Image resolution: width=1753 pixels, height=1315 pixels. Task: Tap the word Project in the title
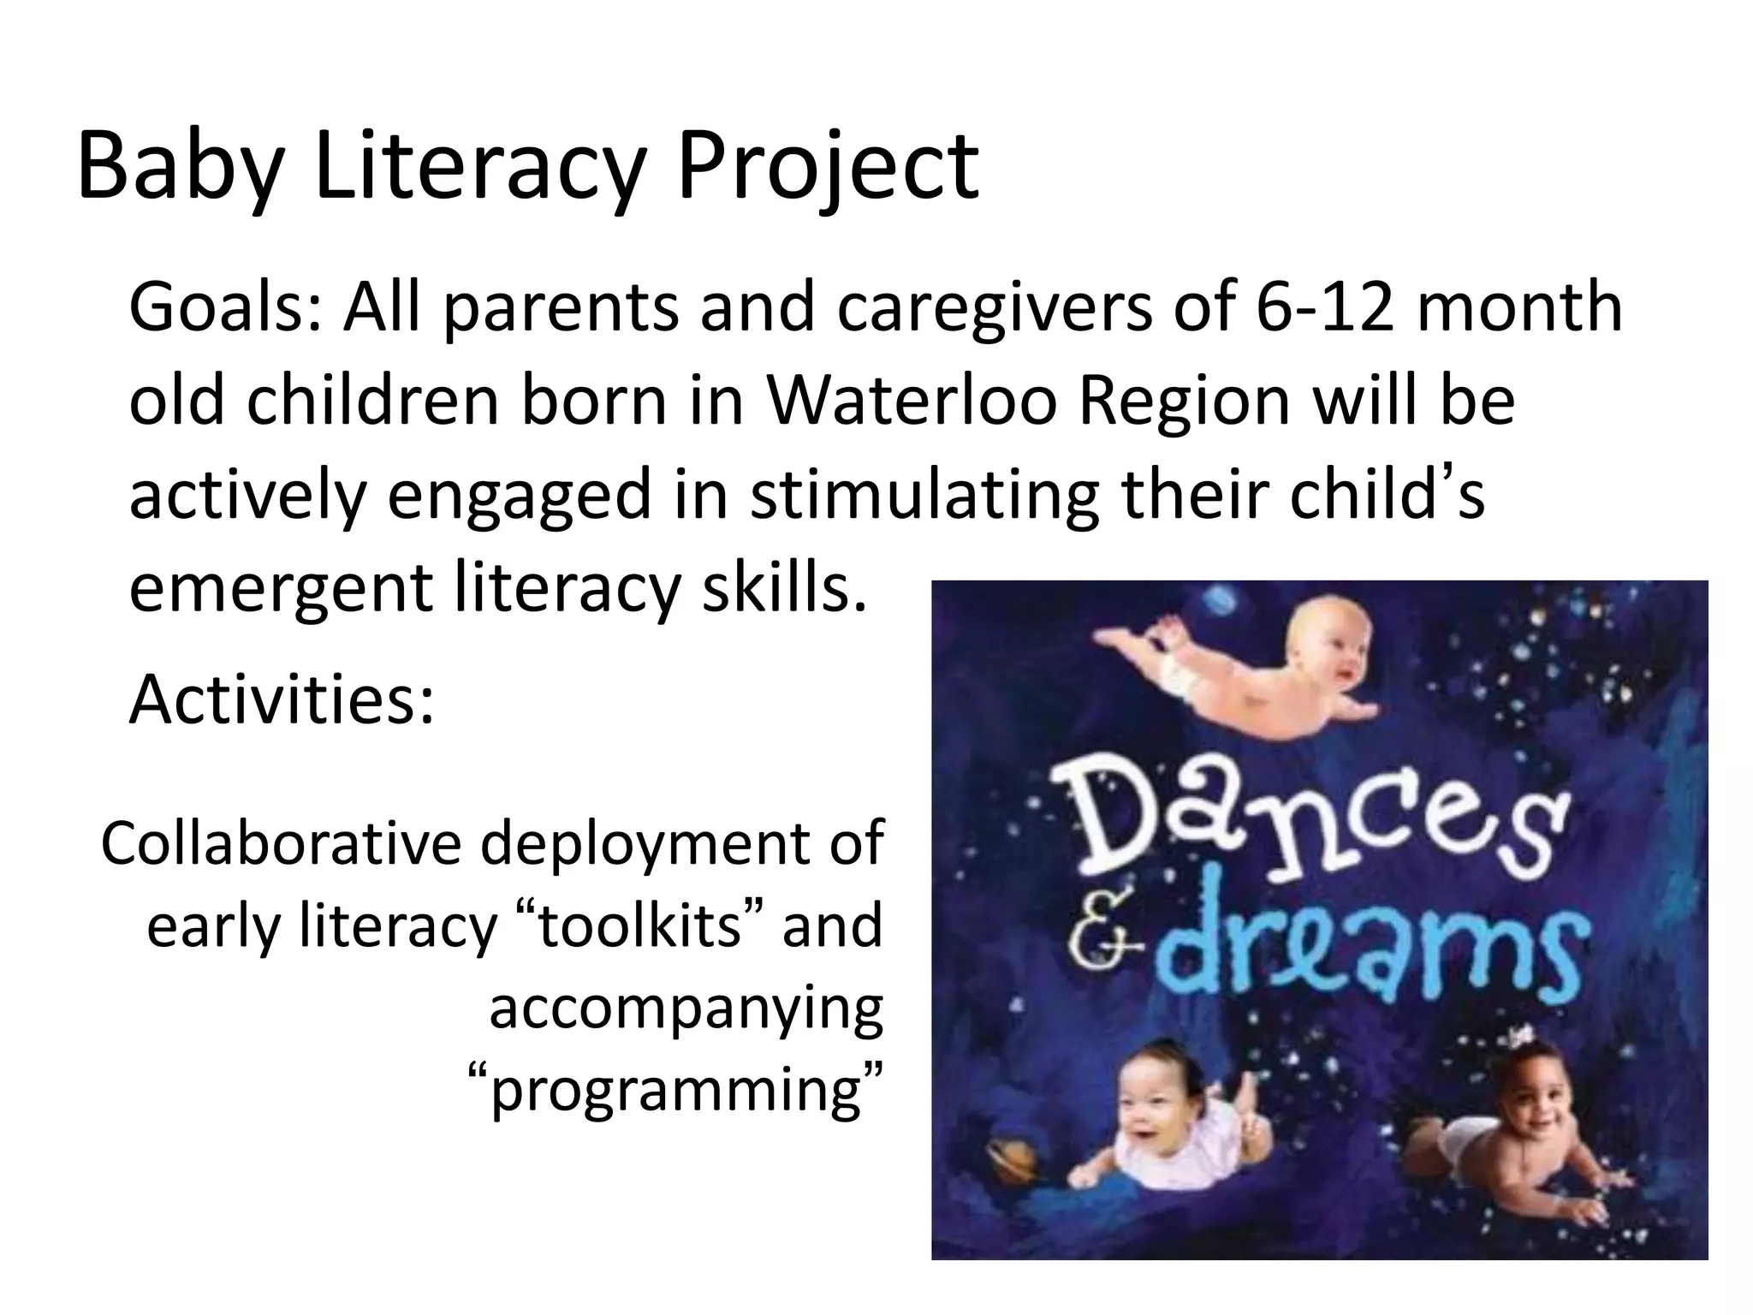[x=827, y=167]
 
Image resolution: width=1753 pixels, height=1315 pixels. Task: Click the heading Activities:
[x=282, y=699]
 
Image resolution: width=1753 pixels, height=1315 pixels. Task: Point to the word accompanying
[x=686, y=1008]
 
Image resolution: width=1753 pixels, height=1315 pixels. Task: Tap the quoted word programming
[x=676, y=1090]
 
